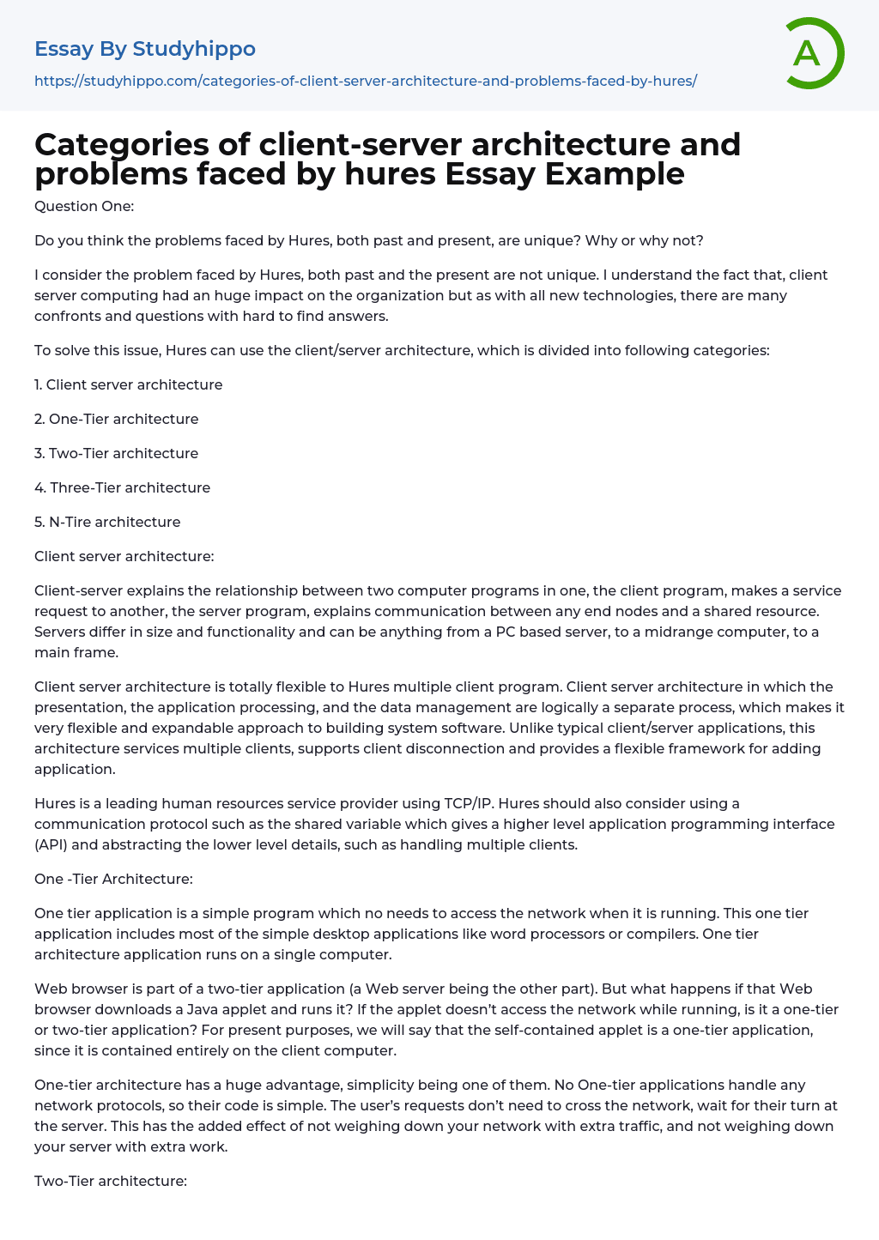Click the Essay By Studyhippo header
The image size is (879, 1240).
point(145,49)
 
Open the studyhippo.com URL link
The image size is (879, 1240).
point(365,81)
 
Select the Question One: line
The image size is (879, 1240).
point(84,206)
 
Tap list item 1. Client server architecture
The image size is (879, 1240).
point(128,384)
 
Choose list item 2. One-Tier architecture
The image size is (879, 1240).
point(116,419)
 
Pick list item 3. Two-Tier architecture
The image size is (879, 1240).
point(116,453)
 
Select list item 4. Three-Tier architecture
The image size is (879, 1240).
point(122,487)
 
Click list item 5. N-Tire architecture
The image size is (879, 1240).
point(107,522)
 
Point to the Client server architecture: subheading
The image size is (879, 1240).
point(124,556)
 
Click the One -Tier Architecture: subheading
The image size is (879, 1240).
point(113,879)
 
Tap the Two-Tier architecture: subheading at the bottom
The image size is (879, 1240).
point(110,1181)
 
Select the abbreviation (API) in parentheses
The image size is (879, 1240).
point(52,844)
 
